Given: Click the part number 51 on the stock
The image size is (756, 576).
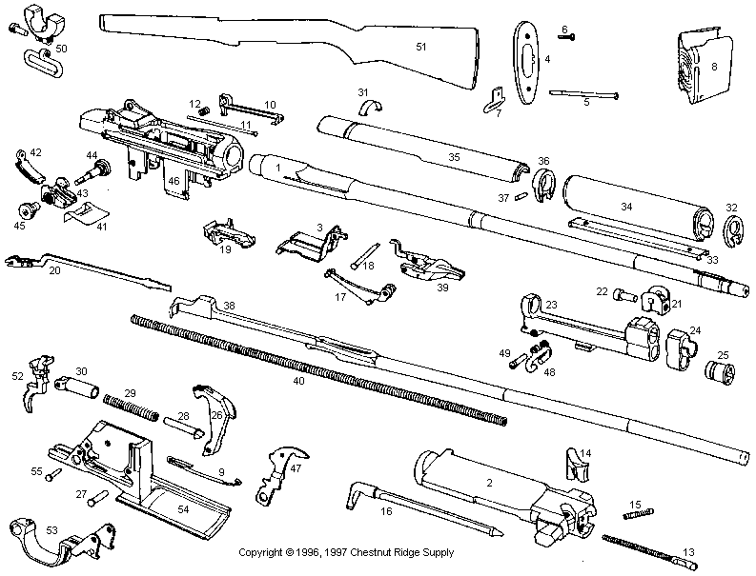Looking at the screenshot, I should coord(421,46).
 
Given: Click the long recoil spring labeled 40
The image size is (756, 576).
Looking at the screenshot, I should coord(315,367).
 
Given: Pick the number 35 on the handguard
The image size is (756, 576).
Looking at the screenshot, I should coord(454,156).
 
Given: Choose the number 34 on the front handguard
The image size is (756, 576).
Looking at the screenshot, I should coord(626,206).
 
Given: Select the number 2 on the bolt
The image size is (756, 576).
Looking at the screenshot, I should coord(488,483).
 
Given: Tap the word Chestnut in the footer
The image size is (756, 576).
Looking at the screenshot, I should coord(378,552).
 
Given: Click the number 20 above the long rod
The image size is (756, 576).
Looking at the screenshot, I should coord(54,271).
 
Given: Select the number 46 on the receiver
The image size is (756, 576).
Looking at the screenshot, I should coord(174,179).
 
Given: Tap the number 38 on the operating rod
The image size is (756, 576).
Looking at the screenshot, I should coord(229,306).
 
